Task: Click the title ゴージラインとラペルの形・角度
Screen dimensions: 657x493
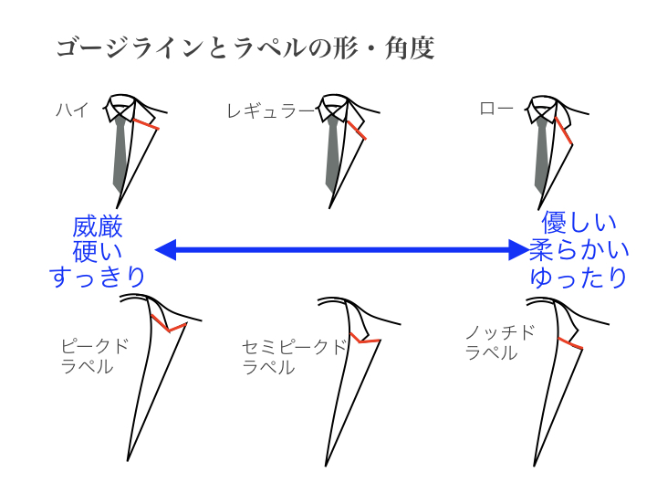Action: click(245, 47)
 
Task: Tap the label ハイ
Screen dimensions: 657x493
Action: click(72, 110)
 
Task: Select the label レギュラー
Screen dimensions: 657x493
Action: click(270, 111)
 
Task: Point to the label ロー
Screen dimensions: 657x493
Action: click(496, 109)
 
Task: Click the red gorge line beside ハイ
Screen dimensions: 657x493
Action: click(146, 124)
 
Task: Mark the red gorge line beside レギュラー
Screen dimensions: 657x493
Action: click(357, 131)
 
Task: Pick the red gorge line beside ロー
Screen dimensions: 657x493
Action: click(564, 131)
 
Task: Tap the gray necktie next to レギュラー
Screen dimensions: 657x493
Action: click(333, 155)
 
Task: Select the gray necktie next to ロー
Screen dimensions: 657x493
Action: click(541, 155)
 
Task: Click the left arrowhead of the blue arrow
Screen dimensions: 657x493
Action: click(165, 250)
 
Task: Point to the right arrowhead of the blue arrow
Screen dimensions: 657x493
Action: click(518, 250)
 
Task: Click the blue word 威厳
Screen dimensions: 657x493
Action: click(98, 226)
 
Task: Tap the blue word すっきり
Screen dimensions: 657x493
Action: click(98, 277)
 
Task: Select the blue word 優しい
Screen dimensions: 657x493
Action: click(579, 223)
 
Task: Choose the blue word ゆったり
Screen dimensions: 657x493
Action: click(579, 278)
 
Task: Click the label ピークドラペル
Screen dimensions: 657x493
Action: click(95, 356)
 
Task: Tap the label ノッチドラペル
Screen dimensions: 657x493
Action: click(500, 342)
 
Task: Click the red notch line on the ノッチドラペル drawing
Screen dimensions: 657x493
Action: click(570, 343)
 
